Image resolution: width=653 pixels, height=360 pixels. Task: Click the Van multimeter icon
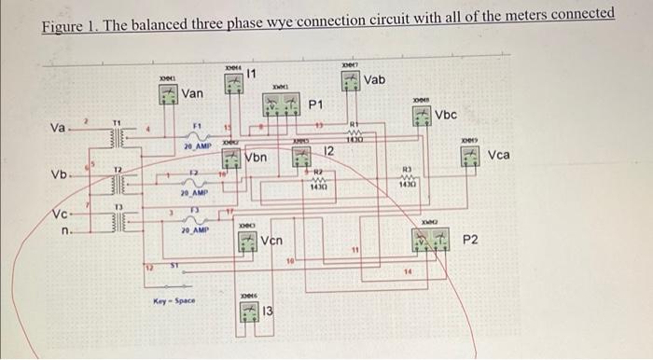(169, 94)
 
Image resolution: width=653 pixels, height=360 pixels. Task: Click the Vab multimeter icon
(350, 82)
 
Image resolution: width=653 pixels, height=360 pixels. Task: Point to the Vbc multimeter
(424, 116)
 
